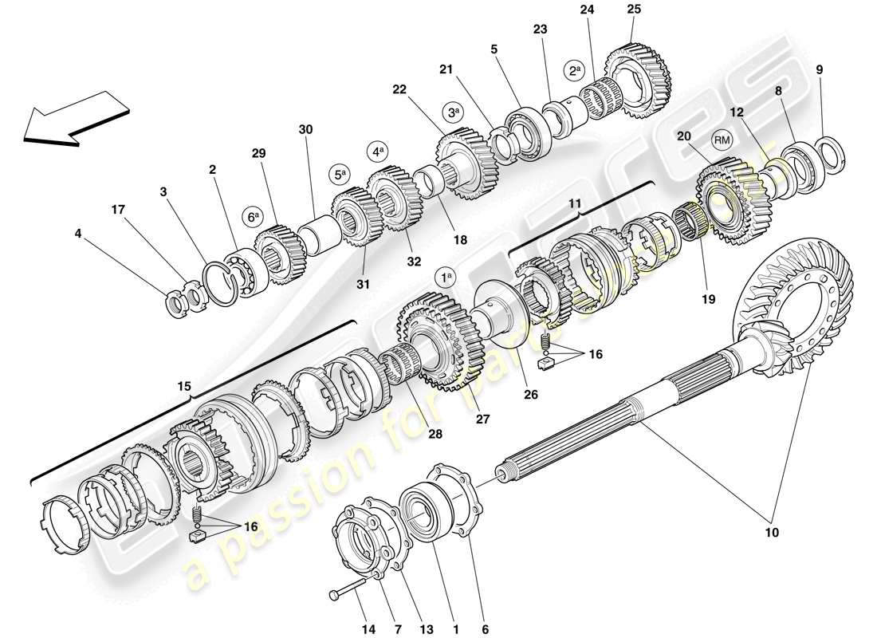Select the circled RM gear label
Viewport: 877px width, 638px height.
pos(722,140)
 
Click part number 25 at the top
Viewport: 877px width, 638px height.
pos(634,9)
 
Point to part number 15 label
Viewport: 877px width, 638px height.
pos(184,387)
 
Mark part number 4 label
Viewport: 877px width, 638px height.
pos(77,234)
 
